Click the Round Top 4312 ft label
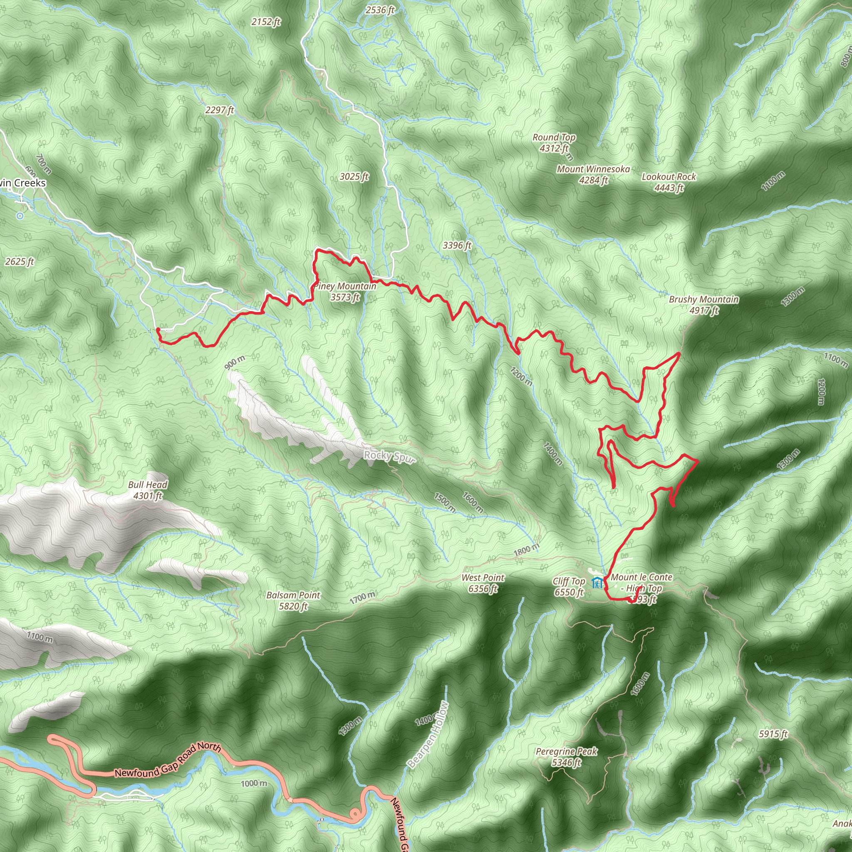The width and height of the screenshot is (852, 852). pyautogui.click(x=554, y=143)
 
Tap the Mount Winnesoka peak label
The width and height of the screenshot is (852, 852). pyautogui.click(x=593, y=174)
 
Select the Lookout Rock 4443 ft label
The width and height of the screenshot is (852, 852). pyautogui.click(x=669, y=182)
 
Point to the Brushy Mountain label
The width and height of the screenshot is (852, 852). pyautogui.click(x=703, y=304)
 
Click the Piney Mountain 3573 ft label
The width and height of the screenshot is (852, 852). pyautogui.click(x=345, y=292)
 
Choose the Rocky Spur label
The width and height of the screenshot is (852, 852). pyautogui.click(x=389, y=457)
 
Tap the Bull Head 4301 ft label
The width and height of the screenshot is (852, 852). pyautogui.click(x=148, y=490)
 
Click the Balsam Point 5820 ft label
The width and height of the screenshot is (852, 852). pyautogui.click(x=293, y=600)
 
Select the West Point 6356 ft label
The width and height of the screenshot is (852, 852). pyautogui.click(x=483, y=582)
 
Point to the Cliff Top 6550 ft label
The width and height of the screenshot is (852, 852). pyautogui.click(x=569, y=587)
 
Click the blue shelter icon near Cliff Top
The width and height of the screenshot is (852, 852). pyautogui.click(x=597, y=582)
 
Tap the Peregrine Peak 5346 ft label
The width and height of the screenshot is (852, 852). pyautogui.click(x=566, y=756)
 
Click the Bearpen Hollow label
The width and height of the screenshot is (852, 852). pyautogui.click(x=428, y=734)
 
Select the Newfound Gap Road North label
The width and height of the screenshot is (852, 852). pyautogui.click(x=168, y=760)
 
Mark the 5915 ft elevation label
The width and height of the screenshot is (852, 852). pyautogui.click(x=773, y=734)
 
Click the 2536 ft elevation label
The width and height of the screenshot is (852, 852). pyautogui.click(x=380, y=10)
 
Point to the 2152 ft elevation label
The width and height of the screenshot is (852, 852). pyautogui.click(x=266, y=22)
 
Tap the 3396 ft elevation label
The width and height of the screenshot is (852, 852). pyautogui.click(x=457, y=245)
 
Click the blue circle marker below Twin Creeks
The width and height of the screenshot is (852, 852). pyautogui.click(x=20, y=215)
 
